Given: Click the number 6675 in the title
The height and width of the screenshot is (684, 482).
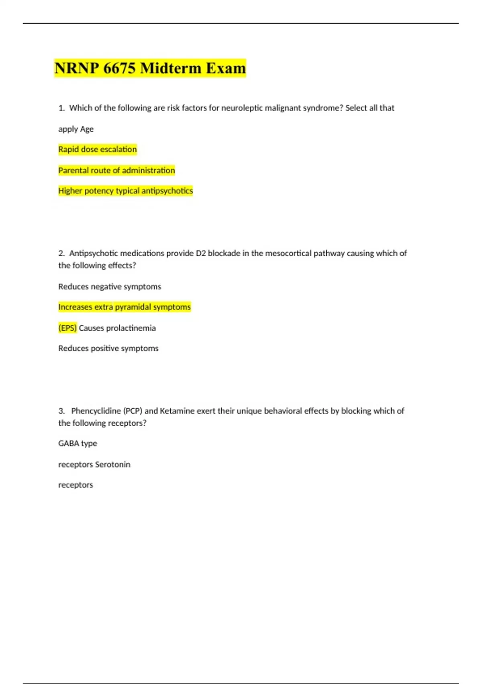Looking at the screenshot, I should coord(119,68).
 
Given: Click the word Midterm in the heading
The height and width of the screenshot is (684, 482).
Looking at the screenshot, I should coord(171,68).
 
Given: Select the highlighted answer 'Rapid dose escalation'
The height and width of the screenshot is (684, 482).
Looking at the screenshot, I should coord(98,149).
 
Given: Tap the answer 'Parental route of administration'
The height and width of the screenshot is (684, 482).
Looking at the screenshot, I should coord(116,170).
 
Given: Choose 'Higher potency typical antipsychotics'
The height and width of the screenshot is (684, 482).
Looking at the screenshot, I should coord(125,191).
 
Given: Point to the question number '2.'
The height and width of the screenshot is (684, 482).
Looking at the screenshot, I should coord(61,253).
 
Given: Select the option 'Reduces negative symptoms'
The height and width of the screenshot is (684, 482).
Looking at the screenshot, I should coord(110,286).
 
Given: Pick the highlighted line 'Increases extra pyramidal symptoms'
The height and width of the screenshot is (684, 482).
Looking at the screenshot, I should coord(125,307).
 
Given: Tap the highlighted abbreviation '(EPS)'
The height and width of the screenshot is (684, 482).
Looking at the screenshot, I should coord(67,328).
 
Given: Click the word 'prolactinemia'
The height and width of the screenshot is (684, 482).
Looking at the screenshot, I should coord(131,328).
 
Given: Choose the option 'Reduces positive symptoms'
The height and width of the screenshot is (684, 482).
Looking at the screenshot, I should coord(108,348).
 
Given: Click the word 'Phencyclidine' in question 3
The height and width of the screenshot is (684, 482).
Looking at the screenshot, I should coord(96,411).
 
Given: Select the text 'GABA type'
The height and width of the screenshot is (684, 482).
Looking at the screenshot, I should coord(78,443).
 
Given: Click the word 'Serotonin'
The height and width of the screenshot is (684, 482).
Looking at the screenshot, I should coord(112,464).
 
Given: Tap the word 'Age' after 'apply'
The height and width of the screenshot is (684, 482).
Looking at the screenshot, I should coord(87,129).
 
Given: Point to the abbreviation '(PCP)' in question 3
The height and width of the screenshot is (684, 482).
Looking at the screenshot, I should coord(133,411).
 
